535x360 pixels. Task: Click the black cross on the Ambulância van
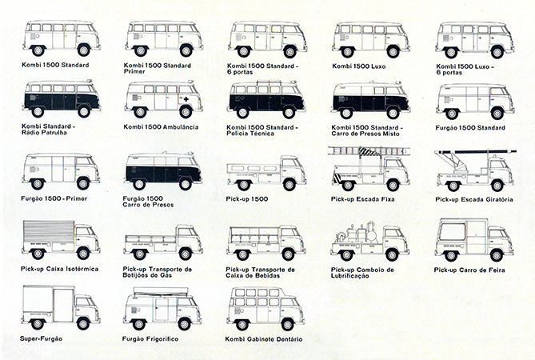(186, 99)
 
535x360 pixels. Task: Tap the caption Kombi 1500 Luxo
(359, 66)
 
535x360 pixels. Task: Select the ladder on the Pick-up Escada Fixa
(369, 151)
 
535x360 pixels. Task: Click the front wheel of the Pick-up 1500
(289, 185)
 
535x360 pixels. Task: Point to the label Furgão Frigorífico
(150, 339)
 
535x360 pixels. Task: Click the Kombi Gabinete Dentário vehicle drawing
(266, 309)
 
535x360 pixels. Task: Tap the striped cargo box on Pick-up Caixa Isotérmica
(49, 231)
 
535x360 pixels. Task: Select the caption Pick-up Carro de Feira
(469, 270)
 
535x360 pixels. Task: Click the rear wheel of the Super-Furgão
(38, 323)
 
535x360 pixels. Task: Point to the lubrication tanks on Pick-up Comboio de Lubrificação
(358, 233)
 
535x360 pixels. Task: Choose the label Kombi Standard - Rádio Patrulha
(48, 130)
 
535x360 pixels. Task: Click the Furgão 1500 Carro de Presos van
(163, 171)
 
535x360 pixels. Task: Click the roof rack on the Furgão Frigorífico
(161, 291)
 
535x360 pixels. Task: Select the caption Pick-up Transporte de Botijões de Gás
(158, 272)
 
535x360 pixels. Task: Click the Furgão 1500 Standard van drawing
(475, 102)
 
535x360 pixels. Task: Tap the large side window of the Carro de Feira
(452, 232)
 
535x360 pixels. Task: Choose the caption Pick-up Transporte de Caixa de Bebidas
(260, 272)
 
